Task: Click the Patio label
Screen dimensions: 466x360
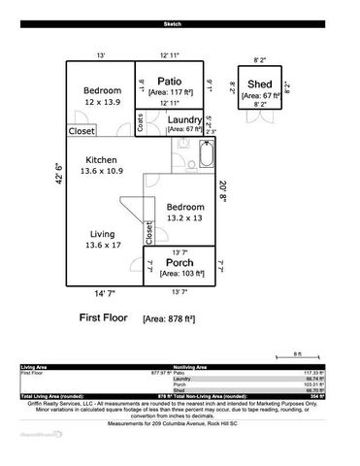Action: coord(171,83)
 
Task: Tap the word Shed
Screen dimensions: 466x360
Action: coord(259,84)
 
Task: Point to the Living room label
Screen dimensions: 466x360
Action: coord(102,233)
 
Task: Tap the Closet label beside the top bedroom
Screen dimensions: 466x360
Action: coord(82,131)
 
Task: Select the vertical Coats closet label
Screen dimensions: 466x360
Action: coord(142,121)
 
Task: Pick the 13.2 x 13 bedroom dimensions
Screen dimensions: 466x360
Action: coord(184,218)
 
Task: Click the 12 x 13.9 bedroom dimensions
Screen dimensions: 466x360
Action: coord(101,102)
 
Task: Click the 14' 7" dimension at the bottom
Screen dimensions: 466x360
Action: coord(105,293)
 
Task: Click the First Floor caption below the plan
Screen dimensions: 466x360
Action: coord(107,317)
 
